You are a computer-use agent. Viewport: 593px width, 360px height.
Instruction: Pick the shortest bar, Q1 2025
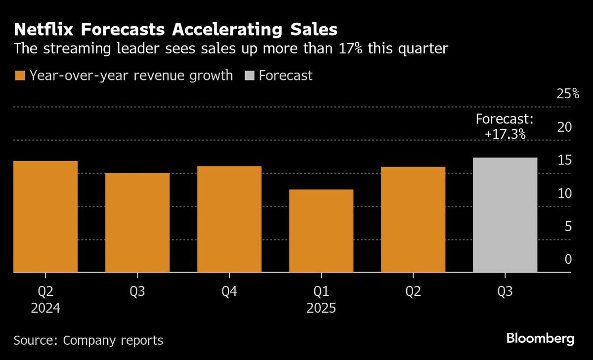click(x=321, y=231)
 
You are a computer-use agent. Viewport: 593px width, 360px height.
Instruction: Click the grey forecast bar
click(x=505, y=215)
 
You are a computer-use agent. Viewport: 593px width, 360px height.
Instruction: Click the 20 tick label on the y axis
click(x=564, y=127)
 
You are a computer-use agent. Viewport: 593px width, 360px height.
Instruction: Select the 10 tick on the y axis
click(x=564, y=194)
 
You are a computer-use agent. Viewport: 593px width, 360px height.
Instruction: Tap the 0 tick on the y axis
click(x=568, y=260)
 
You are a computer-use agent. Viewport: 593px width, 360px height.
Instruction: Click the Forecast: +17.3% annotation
click(x=505, y=126)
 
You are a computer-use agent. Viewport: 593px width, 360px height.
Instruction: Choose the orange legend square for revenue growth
click(x=20, y=76)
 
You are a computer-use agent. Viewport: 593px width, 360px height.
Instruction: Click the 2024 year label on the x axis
click(x=45, y=309)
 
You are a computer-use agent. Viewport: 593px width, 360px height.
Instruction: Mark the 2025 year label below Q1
click(x=321, y=309)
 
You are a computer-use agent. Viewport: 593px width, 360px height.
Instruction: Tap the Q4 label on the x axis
click(x=229, y=292)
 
